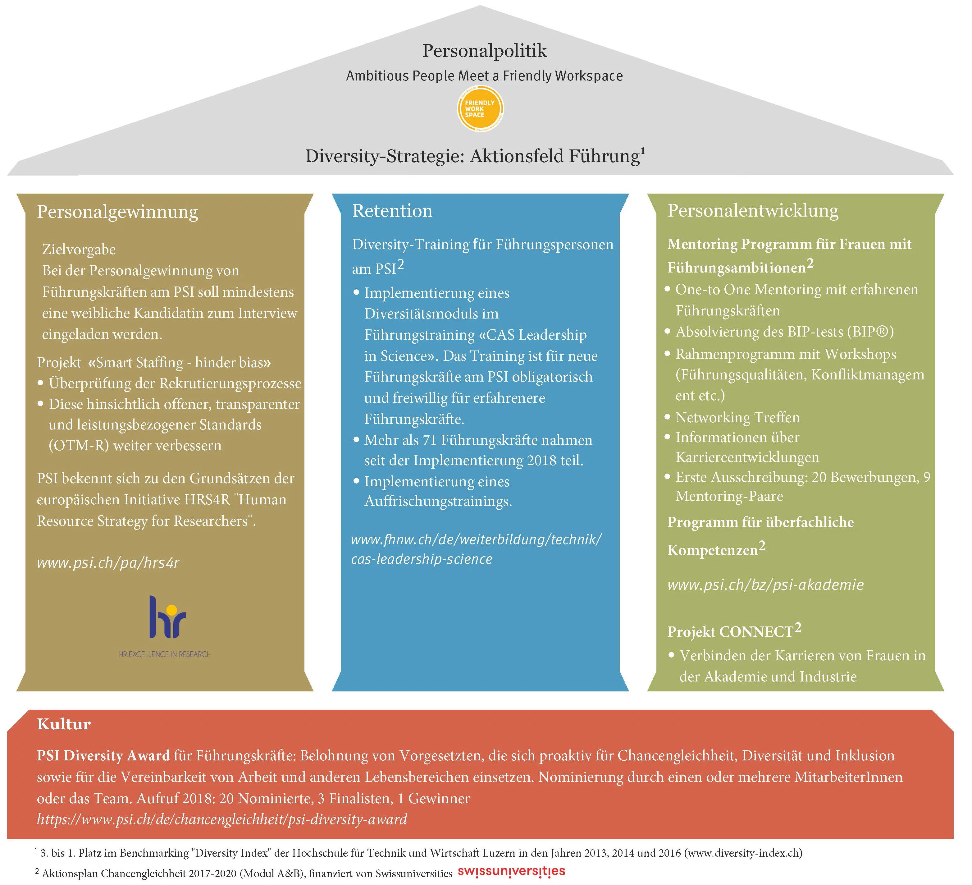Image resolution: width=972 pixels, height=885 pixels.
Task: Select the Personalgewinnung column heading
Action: pos(117,212)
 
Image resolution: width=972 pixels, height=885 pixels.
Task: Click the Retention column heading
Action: pos(392,211)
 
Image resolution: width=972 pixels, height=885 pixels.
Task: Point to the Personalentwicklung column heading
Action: pos(753,210)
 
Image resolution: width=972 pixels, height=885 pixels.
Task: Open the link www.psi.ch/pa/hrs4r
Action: pos(108,562)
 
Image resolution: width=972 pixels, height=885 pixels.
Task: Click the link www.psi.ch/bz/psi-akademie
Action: pos(765,585)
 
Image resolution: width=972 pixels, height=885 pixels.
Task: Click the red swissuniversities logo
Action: pos(511,872)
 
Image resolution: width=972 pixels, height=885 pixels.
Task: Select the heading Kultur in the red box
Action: pos(64,724)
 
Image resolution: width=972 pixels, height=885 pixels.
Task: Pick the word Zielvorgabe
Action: pos(79,249)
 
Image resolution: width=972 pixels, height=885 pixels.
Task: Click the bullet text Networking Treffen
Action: pos(737,417)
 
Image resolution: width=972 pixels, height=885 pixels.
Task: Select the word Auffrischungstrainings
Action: pos(438,501)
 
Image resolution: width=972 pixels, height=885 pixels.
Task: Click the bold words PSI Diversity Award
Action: pos(103,755)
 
